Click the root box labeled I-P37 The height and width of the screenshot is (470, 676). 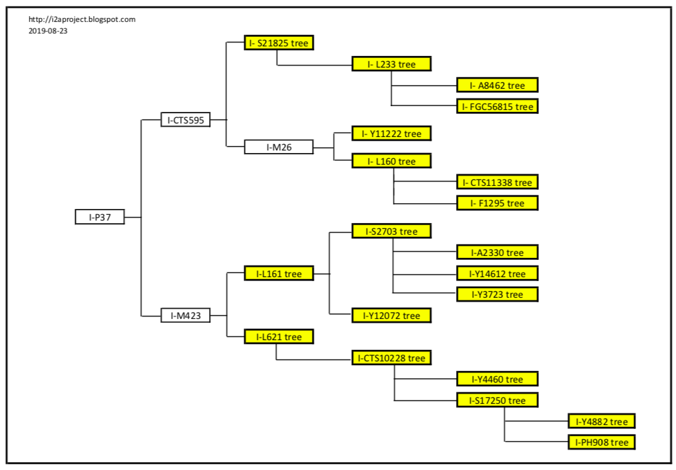coord(100,217)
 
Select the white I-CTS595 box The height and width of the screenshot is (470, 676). coord(185,119)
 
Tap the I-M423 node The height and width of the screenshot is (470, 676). coord(185,316)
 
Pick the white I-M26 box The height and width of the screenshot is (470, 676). coord(279,147)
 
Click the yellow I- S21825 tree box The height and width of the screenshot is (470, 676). coord(279,43)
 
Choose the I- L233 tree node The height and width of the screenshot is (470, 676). coord(391,64)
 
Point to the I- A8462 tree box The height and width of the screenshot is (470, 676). coord(497,85)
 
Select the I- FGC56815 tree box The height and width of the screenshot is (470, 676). coord(497,106)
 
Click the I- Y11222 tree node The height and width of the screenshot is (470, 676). coord(391,134)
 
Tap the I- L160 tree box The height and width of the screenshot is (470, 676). coord(391,161)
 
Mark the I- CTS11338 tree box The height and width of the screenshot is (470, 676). coord(497,182)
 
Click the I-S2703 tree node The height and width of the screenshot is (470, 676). coord(391,231)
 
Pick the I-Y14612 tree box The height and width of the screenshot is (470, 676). coord(497,273)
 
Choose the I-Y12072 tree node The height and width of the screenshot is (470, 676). coord(391,316)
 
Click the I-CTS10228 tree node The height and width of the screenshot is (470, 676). coord(391,357)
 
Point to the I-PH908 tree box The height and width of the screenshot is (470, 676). coord(601,442)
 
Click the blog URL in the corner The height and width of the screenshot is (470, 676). coord(82,19)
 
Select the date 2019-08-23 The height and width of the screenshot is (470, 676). coord(48,30)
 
